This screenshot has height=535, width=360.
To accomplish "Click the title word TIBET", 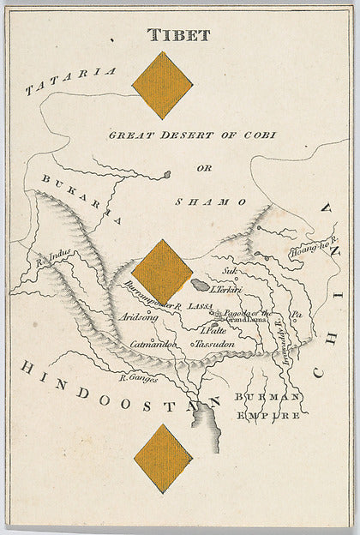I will pyautogui.click(x=178, y=35).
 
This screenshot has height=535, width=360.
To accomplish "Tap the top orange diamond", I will pyautogui.click(x=162, y=85).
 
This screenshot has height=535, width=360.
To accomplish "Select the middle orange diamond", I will pyautogui.click(x=162, y=271).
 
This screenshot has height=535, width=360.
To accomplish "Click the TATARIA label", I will pyautogui.click(x=70, y=78).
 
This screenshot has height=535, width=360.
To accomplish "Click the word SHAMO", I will pyautogui.click(x=211, y=201).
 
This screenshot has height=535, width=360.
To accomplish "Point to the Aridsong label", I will pyautogui.click(x=142, y=316).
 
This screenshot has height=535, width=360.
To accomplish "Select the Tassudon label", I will pyautogui.click(x=213, y=344).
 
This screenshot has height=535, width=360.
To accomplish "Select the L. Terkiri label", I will pyautogui.click(x=226, y=290).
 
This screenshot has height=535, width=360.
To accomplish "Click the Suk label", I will pyautogui.click(x=229, y=273).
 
